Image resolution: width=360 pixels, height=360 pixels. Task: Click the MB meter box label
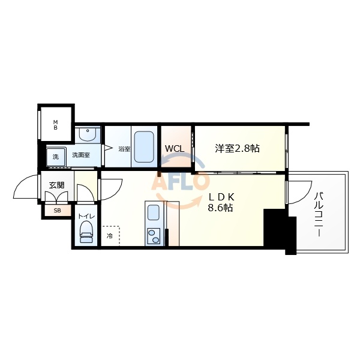click(55, 125)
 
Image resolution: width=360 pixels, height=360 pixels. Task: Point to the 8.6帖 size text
click(221, 208)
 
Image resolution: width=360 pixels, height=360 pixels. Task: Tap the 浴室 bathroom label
click(124, 149)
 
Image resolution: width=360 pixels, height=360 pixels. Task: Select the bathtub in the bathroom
click(144, 146)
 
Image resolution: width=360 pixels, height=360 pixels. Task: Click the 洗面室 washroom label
click(80, 155)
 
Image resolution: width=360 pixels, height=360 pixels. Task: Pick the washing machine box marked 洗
click(56, 157)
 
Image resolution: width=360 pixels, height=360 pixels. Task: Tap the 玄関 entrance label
click(56, 185)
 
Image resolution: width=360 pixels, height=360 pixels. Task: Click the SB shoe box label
click(58, 211)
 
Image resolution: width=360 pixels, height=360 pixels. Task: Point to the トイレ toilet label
click(86, 216)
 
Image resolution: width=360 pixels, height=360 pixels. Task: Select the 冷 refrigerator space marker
click(110, 236)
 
